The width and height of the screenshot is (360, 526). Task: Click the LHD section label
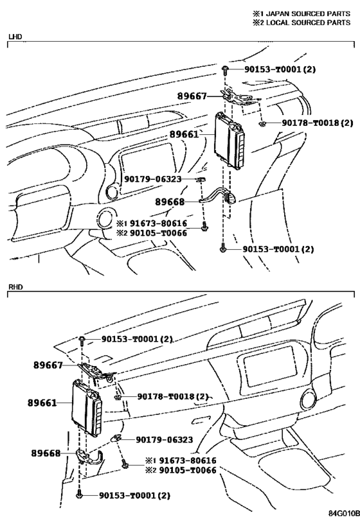[x=14, y=37]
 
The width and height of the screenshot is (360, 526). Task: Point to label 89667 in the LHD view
[x=192, y=96]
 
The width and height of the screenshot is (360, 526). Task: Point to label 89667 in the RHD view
[x=49, y=365]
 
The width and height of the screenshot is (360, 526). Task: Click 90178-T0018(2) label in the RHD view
[x=172, y=397]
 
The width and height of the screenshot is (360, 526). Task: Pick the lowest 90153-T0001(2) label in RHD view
[x=134, y=495]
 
